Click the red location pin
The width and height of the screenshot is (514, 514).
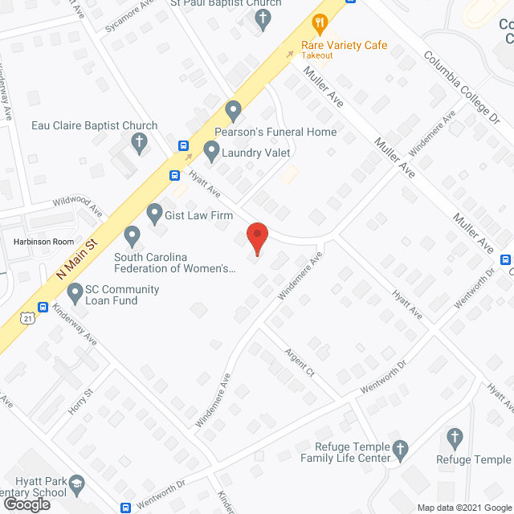(x=256, y=238)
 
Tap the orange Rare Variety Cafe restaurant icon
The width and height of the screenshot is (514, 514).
(x=320, y=24)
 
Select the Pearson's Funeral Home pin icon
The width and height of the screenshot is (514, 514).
(x=234, y=109)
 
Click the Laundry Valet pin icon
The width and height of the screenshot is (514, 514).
(x=211, y=149)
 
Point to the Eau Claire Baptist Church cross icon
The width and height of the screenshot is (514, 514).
(x=139, y=145)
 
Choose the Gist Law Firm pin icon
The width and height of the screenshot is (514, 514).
(x=155, y=214)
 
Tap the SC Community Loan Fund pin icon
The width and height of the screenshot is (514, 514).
(x=75, y=293)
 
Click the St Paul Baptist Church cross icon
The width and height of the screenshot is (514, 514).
(x=265, y=19)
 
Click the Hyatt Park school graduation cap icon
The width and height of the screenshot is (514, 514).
(x=76, y=483)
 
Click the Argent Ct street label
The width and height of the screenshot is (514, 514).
(x=298, y=363)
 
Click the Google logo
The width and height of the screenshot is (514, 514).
(x=27, y=504)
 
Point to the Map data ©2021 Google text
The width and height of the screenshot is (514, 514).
(x=463, y=507)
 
